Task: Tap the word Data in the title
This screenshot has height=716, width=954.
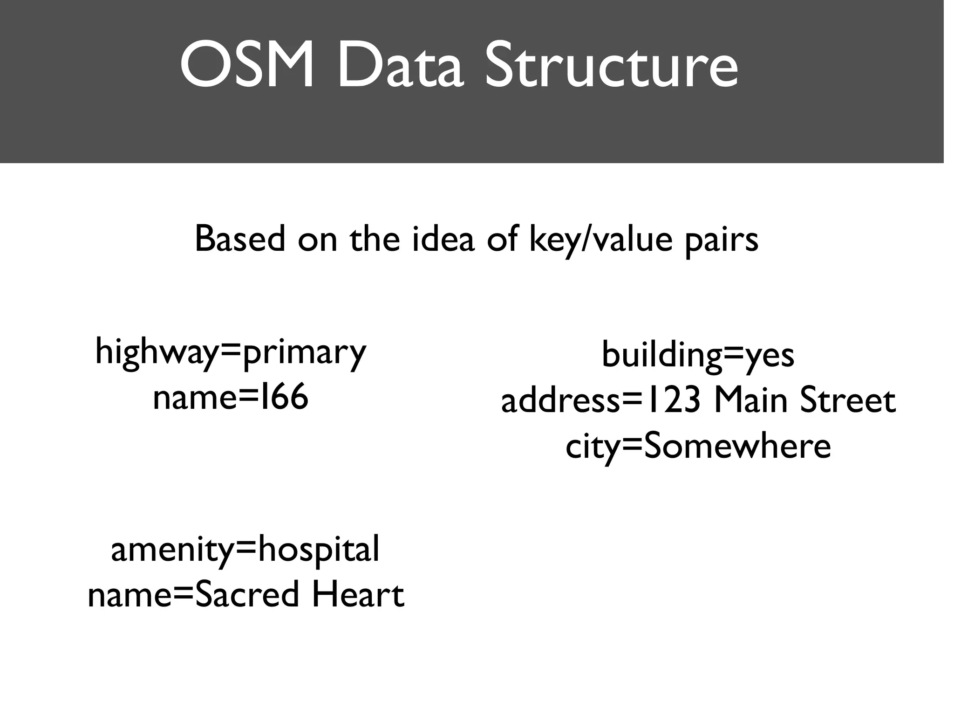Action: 400,66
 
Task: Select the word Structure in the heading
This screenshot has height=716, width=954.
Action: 611,66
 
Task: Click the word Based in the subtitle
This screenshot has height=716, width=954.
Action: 239,239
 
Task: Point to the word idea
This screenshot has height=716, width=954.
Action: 443,239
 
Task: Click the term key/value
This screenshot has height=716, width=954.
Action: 601,239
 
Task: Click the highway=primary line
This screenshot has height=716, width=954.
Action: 231,352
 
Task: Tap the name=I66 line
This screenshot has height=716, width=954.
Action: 231,397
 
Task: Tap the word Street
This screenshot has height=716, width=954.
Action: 847,401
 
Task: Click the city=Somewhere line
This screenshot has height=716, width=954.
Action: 698,447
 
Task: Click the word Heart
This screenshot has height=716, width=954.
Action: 357,595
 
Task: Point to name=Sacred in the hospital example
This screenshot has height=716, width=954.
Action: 193,595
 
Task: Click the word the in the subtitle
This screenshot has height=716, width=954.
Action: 375,239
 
